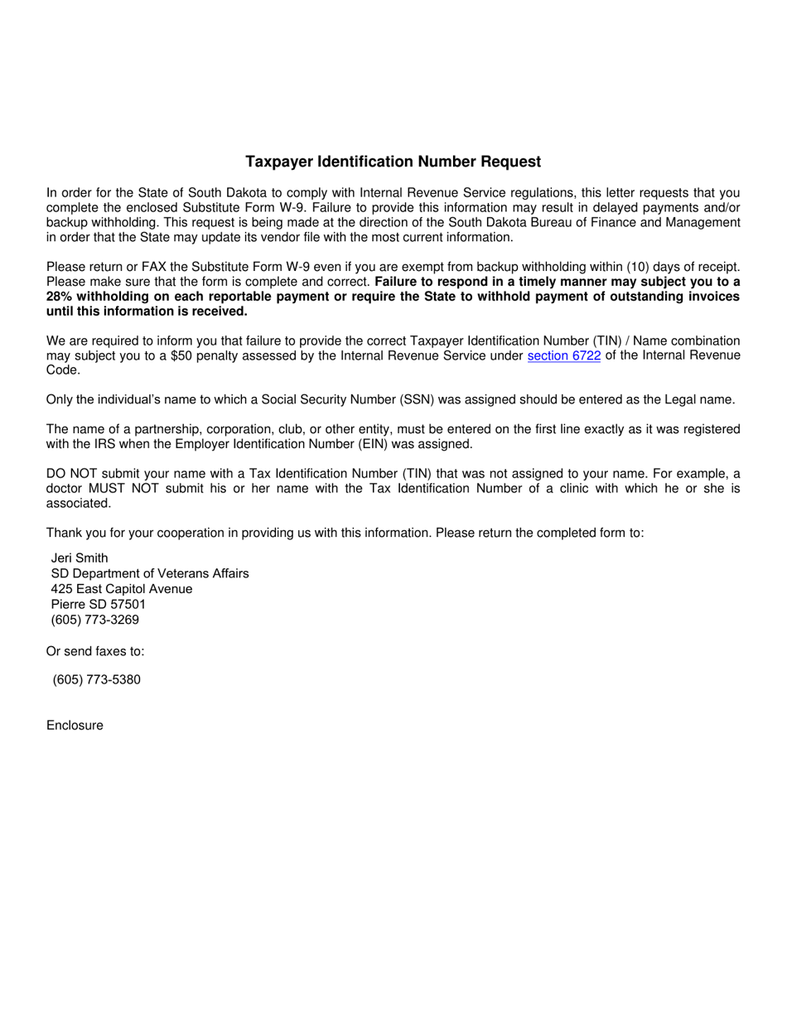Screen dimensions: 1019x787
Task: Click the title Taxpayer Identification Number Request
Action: pos(393,162)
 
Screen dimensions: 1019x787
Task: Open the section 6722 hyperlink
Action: pos(563,356)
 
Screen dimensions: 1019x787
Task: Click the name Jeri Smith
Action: pos(80,558)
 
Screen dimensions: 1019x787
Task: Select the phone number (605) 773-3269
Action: pos(95,620)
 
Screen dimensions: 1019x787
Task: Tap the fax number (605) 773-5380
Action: pos(96,679)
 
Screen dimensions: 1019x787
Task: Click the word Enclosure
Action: pos(75,726)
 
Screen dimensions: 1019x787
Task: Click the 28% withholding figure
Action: pos(60,297)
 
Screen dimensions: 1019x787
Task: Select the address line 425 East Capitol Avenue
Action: pos(122,589)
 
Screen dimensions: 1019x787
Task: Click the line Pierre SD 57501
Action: pos(99,604)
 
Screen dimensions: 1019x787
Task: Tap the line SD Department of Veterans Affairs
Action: pos(150,573)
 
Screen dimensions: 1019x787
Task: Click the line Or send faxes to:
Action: pos(95,651)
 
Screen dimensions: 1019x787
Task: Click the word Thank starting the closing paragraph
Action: pos(64,533)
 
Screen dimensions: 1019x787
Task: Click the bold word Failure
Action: pos(399,282)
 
